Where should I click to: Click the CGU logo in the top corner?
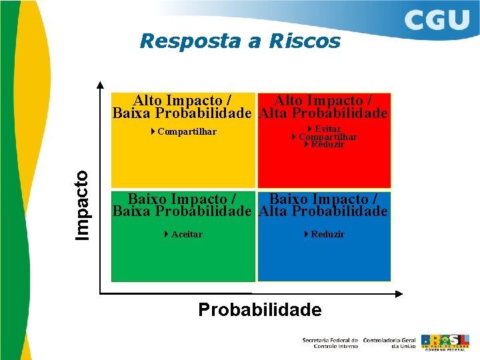pyautogui.click(x=437, y=20)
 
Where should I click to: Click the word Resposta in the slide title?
pyautogui.click(x=190, y=41)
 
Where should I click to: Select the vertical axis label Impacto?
pyautogui.click(x=82, y=205)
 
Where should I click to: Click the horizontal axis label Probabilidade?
pyautogui.click(x=259, y=309)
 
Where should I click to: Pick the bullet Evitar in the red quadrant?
pyautogui.click(x=327, y=129)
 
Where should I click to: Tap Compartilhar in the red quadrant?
pyautogui.click(x=327, y=137)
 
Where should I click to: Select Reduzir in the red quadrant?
pyautogui.click(x=327, y=144)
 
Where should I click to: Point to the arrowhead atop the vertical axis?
pyautogui.click(x=100, y=85)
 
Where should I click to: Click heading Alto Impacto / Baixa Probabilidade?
pyautogui.click(x=182, y=107)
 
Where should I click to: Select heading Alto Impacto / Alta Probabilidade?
pyautogui.click(x=323, y=107)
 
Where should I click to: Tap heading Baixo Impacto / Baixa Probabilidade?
pyautogui.click(x=182, y=205)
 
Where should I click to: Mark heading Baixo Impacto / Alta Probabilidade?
pyautogui.click(x=323, y=205)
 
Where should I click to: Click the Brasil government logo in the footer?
pyautogui.click(x=445, y=341)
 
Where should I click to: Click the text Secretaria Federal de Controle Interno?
pyautogui.click(x=329, y=342)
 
